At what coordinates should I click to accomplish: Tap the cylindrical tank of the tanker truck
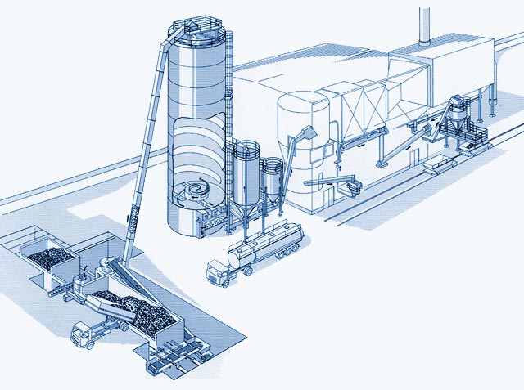click(266, 243)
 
